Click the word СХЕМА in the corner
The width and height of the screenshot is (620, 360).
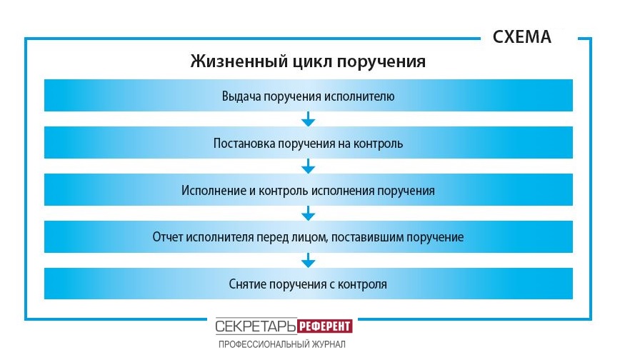click(521, 37)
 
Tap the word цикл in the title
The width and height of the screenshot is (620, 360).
click(313, 61)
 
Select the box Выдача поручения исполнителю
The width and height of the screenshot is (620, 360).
click(309, 95)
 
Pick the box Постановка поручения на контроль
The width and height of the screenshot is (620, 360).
click(309, 142)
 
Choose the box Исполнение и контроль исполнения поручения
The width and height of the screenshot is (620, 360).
click(309, 189)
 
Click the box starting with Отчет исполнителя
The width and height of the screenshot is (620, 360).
click(309, 236)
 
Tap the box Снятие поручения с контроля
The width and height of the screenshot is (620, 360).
click(309, 284)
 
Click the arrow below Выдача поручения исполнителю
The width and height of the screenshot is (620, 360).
click(309, 119)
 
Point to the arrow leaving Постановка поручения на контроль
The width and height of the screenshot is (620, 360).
click(309, 166)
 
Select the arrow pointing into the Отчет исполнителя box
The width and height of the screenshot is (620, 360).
click(309, 214)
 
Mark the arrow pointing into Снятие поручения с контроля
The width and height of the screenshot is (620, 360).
click(309, 260)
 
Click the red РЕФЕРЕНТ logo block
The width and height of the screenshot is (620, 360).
click(324, 326)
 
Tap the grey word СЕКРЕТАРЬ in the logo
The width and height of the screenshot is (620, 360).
click(256, 326)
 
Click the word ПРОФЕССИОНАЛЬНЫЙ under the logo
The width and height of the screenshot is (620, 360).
click(264, 344)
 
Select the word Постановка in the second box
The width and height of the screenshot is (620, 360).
click(244, 143)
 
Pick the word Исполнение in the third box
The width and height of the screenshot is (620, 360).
click(213, 190)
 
